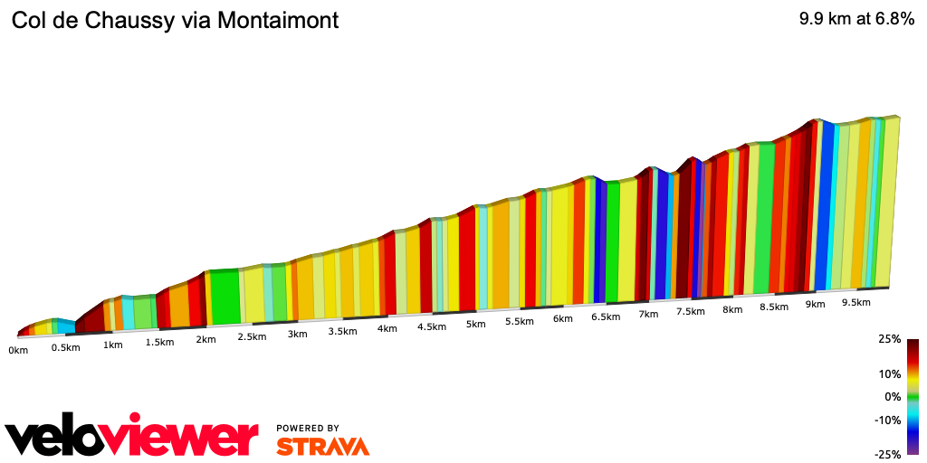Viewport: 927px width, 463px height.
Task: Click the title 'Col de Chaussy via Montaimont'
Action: coord(175,20)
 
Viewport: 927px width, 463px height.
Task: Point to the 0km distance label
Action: coord(18,350)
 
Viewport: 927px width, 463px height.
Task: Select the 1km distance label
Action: coord(113,345)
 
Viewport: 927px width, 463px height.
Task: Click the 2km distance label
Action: coord(205,339)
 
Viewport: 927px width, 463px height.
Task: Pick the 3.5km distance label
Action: coord(341,332)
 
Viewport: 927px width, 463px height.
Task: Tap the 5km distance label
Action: coord(475,324)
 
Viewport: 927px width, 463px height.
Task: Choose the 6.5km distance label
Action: coord(606,317)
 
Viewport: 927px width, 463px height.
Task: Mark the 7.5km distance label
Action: coord(690,312)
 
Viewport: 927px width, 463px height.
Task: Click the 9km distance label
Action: coord(815,305)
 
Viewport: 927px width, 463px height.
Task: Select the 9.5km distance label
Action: coord(856,302)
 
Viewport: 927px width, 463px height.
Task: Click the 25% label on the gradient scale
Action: coord(890,339)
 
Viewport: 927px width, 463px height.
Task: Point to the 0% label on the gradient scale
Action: coord(893,396)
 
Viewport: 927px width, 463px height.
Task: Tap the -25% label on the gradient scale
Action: coord(888,454)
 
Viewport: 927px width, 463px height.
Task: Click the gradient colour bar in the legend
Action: coord(913,396)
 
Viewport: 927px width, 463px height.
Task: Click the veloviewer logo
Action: coord(132,438)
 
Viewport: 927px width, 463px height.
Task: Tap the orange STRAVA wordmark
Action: coord(322,447)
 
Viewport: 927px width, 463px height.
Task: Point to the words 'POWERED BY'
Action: coord(308,429)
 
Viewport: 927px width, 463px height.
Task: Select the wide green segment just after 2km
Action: coord(225,297)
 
